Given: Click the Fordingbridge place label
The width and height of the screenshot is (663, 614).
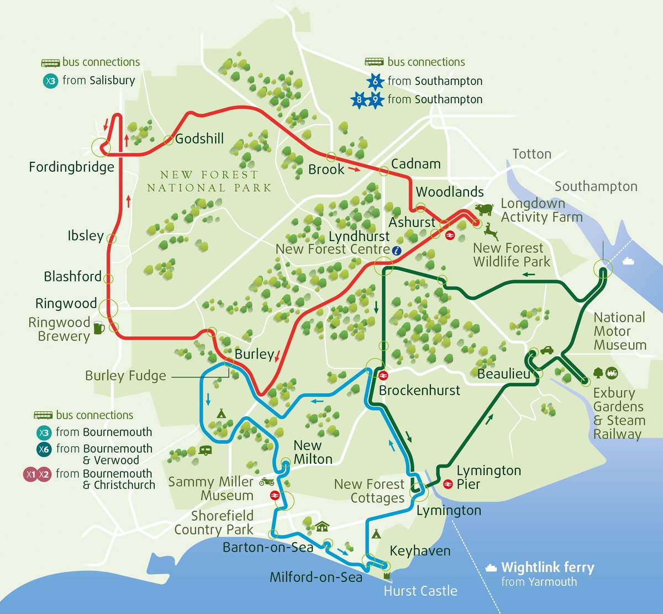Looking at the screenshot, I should coord(71,167).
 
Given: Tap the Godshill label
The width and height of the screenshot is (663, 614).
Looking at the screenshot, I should coord(199,138).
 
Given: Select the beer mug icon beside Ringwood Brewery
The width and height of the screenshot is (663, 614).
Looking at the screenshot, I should coord(98,327).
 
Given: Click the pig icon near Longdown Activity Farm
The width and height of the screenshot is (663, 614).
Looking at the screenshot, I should coord(483,209).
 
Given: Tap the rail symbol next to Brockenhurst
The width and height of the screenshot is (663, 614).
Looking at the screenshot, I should coord(382,375).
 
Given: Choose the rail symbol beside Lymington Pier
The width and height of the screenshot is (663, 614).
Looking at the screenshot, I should coord(447,484).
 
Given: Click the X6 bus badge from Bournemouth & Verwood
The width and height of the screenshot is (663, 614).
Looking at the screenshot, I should coord(44,449).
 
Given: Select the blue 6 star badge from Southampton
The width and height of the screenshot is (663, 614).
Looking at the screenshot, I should coord(375,82).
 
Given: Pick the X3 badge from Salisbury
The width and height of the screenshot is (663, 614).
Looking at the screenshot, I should coord(50,81).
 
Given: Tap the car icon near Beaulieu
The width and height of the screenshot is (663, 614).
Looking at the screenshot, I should coord(546,350).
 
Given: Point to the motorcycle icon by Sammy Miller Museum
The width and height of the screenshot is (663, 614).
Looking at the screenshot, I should coord(267,481).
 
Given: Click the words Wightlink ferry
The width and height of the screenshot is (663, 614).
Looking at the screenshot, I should coord(547,568).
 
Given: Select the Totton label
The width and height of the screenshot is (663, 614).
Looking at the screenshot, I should coord(532,154).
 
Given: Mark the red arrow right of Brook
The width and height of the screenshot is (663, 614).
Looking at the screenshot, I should coord(354,170).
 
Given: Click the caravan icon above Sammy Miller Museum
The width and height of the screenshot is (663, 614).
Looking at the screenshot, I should coord(205,451).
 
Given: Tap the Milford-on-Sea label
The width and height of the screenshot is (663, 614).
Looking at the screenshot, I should coord(316,578).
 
